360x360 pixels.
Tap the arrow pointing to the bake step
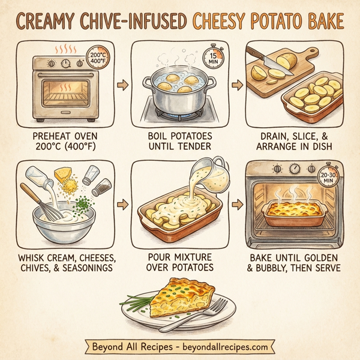(x=239, y=204)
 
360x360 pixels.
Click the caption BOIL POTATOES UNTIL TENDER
(x=180, y=141)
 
